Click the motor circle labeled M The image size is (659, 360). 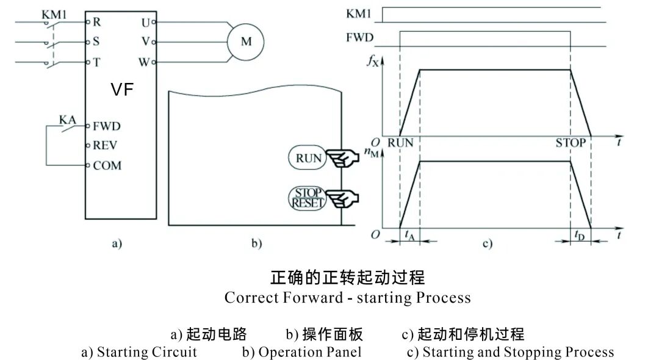pos(246,41)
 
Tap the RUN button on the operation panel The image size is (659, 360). pos(308,158)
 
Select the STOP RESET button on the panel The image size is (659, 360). pos(308,198)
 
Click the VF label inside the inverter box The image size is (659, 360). pos(122,90)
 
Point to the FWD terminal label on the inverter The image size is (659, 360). pos(106,127)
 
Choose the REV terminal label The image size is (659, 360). pos(105,146)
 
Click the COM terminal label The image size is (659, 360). pos(107,165)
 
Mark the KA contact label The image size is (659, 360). pos(67,120)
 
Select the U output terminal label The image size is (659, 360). pos(145,22)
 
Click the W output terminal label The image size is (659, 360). pos(144,62)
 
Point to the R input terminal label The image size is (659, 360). pos(96,22)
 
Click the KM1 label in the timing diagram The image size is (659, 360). pos(361,13)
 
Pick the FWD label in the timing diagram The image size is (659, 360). pos(359,37)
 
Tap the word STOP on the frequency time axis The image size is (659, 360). pos(571,143)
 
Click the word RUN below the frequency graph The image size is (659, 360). pos(401,143)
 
